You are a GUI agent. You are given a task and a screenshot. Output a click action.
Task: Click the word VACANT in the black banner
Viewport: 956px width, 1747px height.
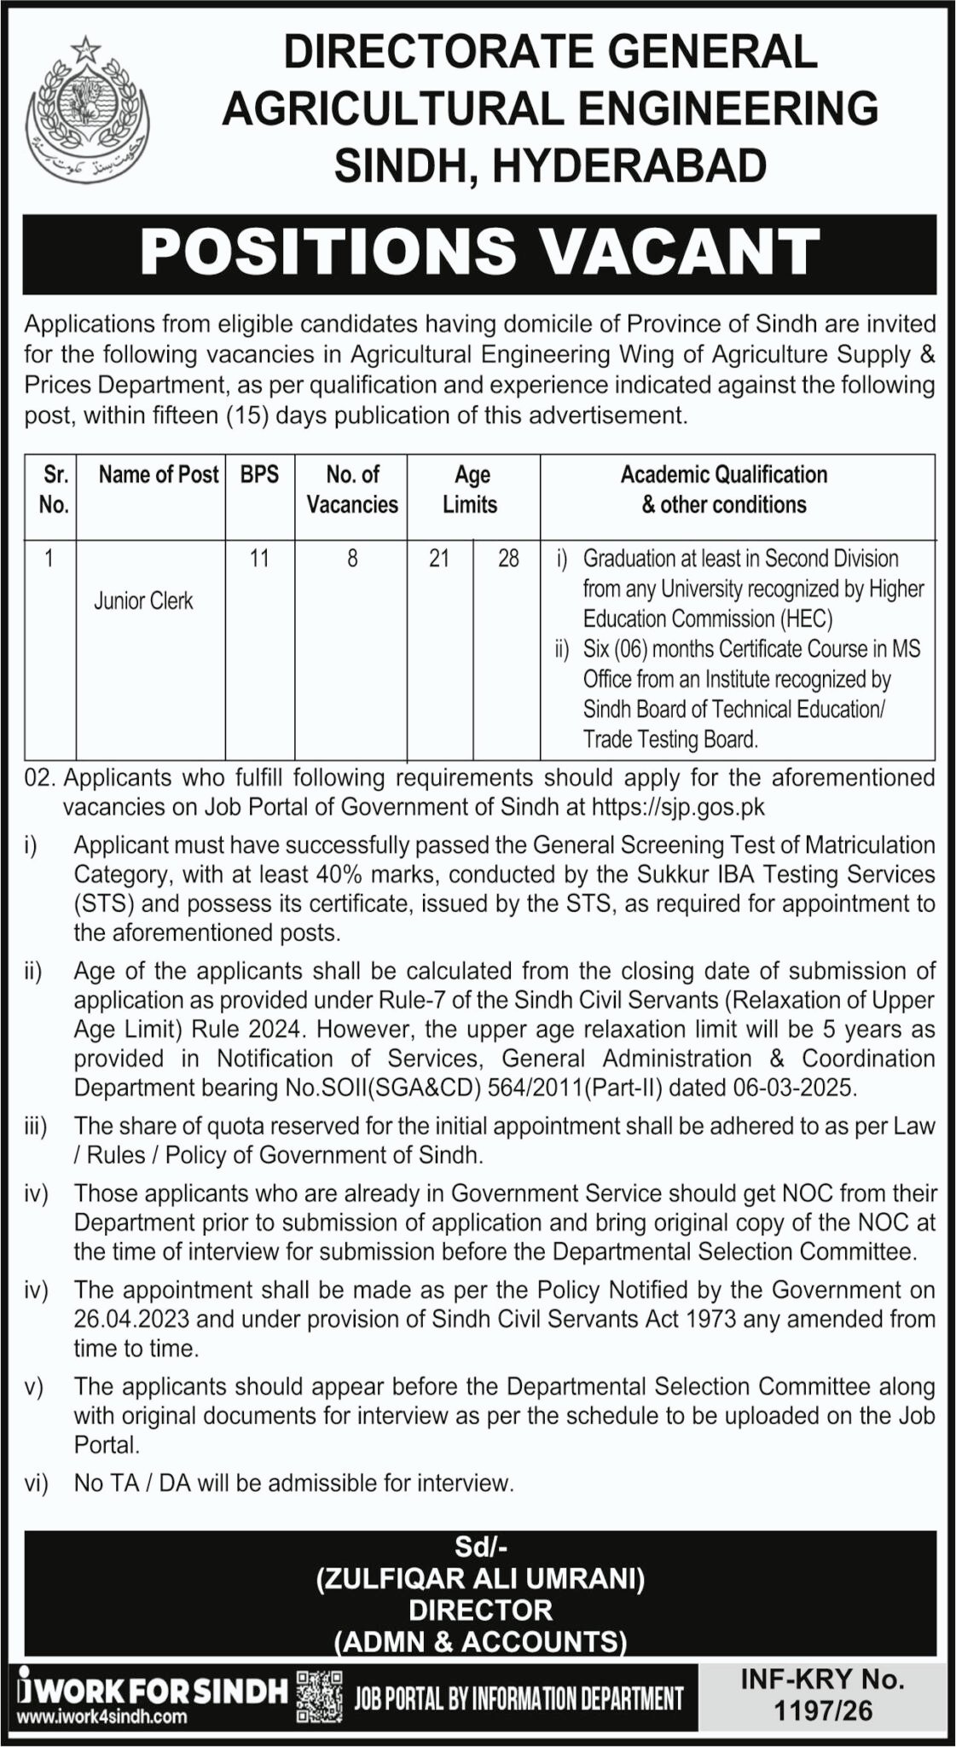point(681,252)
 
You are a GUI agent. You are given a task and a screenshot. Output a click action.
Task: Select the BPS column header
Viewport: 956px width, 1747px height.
point(259,474)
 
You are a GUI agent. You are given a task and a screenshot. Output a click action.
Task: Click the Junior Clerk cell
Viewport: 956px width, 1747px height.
point(143,601)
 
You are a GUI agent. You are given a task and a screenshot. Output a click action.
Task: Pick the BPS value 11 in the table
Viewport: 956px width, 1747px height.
point(259,559)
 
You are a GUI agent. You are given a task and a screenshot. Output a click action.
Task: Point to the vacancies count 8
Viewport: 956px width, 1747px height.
point(352,559)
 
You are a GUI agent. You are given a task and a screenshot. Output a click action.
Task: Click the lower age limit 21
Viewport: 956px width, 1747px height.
point(439,559)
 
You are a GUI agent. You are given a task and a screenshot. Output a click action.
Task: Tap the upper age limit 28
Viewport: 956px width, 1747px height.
point(508,559)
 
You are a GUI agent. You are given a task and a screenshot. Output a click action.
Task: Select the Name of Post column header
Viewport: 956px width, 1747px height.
point(159,474)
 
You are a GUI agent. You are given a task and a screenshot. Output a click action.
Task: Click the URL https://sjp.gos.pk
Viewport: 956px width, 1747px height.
point(678,807)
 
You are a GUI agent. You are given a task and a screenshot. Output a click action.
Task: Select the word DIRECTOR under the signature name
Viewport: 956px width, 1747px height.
point(480,1610)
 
